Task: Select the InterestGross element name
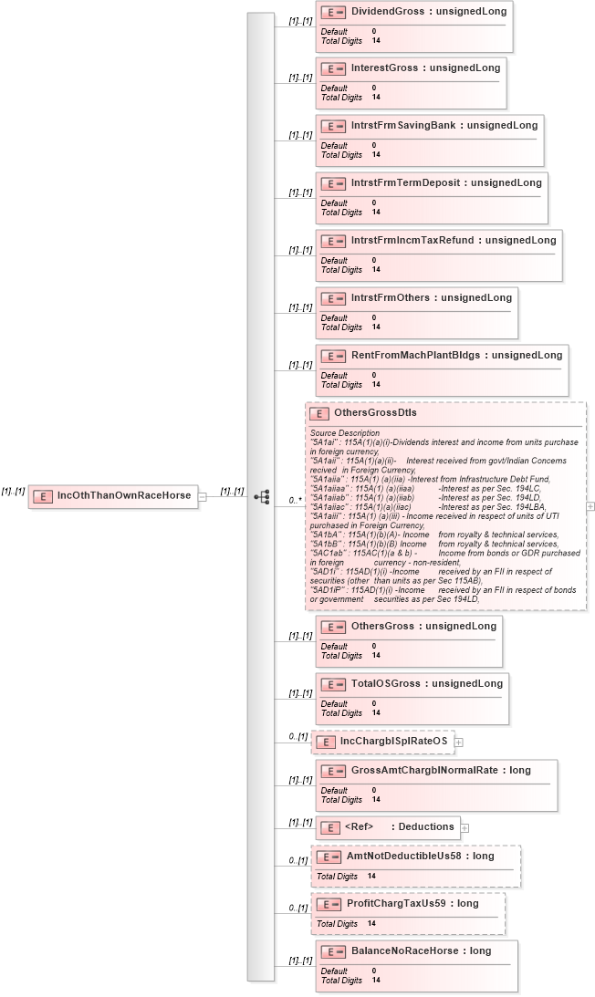click(384, 68)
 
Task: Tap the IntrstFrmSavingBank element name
click(405, 126)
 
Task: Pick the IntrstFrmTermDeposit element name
click(407, 183)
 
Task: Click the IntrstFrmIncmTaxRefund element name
click(414, 241)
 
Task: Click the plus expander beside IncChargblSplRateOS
click(459, 742)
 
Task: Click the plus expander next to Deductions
click(465, 828)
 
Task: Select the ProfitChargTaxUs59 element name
click(388, 904)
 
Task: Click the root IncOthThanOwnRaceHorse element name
click(123, 496)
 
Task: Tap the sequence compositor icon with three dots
click(262, 497)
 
